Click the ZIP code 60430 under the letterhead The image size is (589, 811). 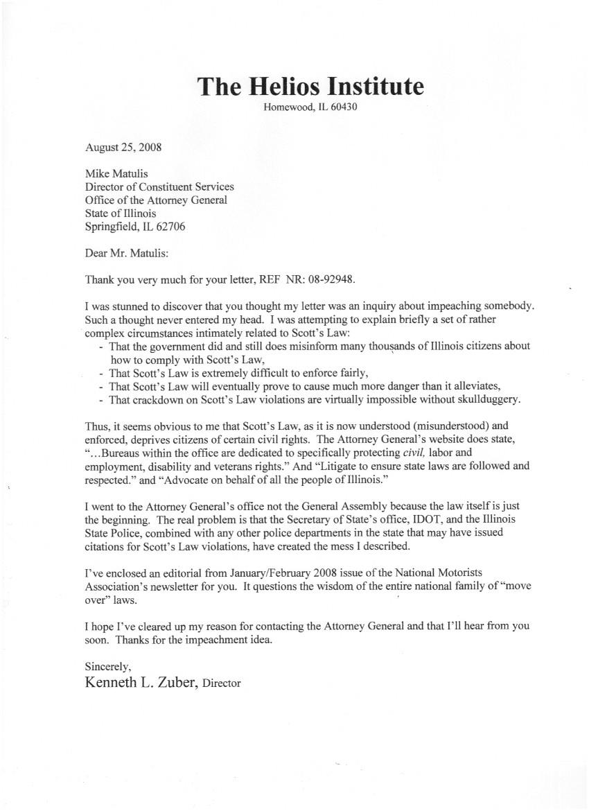click(342, 107)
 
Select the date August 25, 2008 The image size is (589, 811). click(123, 147)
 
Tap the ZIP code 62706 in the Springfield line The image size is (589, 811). click(170, 227)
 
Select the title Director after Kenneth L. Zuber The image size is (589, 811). click(222, 683)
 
